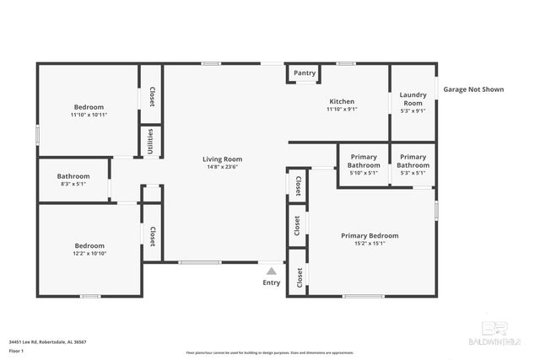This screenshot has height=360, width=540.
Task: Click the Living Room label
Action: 222,159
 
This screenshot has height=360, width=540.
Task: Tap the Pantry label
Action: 305,73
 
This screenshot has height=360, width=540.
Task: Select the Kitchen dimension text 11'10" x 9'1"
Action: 342,109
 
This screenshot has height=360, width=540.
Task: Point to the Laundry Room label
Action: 413,98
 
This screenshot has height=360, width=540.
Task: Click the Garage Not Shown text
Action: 473,89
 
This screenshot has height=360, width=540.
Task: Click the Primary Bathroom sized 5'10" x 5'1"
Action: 364,160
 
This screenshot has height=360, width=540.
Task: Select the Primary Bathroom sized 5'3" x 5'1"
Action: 413,160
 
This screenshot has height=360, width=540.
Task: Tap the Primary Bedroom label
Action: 370,235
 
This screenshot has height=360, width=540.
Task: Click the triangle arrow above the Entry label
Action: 271,271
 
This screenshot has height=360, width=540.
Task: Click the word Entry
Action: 271,282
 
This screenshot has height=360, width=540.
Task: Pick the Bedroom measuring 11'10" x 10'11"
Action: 89,107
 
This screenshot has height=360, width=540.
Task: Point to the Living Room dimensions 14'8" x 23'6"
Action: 222,167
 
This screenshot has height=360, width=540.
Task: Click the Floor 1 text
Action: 17,350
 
